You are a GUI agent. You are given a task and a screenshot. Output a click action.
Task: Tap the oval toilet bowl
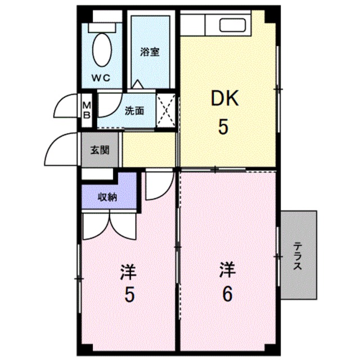tap(102, 49)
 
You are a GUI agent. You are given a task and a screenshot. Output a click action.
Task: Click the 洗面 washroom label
tap(134, 111)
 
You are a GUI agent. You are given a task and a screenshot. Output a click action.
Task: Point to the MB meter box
tap(87, 107)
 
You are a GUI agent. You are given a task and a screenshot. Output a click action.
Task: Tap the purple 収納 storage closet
tap(109, 197)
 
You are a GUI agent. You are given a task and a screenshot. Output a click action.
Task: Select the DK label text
tap(224, 100)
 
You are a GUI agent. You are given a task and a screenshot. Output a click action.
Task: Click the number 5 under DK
tap(224, 128)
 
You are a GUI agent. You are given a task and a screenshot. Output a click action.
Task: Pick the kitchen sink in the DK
tap(231, 25)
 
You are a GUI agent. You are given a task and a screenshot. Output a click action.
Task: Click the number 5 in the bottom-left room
tap(129, 294)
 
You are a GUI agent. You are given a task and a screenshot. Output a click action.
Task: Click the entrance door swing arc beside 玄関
tap(62, 149)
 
